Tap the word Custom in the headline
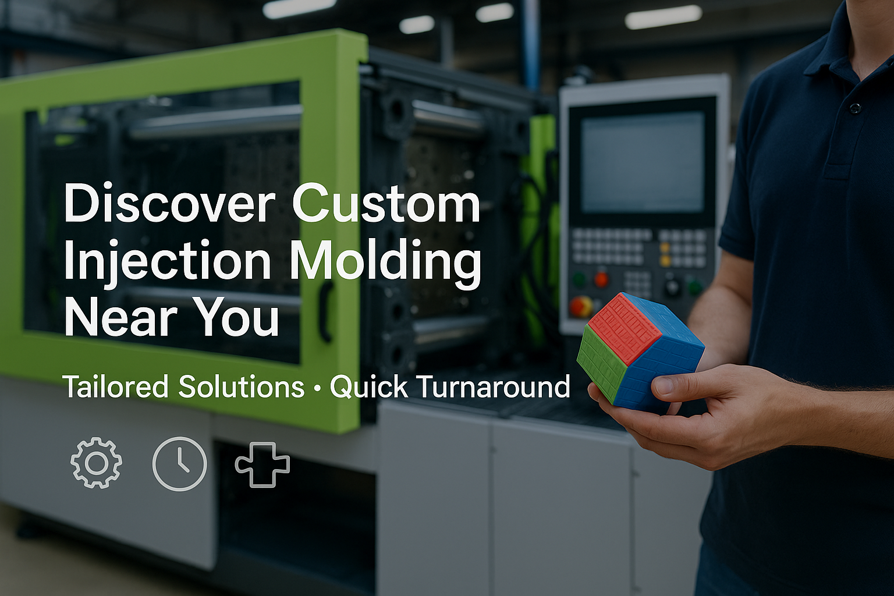click(x=386, y=204)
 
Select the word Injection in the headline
click(x=167, y=262)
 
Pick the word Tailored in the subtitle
click(x=116, y=386)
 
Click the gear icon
click(x=96, y=463)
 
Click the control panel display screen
click(x=642, y=162)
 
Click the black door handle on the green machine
click(x=326, y=311)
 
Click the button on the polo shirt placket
click(x=854, y=108)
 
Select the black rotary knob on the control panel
click(x=673, y=286)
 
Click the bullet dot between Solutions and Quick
click(x=318, y=388)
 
